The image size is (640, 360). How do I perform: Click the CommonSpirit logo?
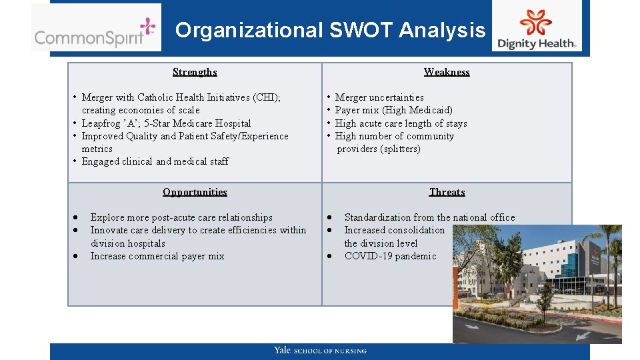95,28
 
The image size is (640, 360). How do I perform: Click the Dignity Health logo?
536,28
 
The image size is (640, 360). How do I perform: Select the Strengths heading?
195,72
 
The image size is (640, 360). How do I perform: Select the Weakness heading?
447,72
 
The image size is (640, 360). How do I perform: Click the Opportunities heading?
195,192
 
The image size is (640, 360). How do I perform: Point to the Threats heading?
447,192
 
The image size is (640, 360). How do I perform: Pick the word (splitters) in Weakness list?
399,149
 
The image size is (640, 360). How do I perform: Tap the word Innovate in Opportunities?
109,230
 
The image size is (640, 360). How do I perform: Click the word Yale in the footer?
282,350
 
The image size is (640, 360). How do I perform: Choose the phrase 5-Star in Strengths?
158,123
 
